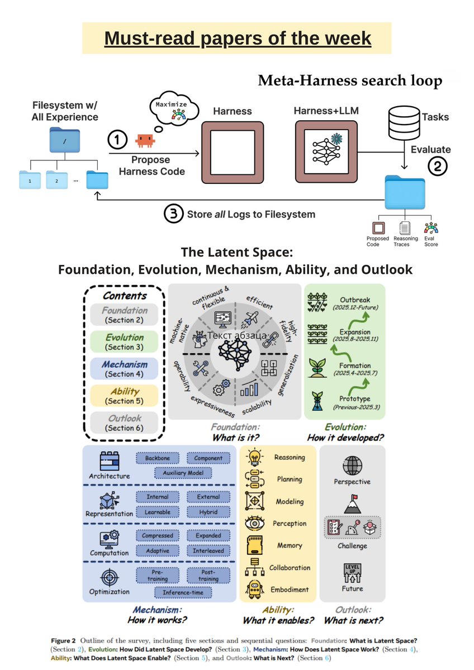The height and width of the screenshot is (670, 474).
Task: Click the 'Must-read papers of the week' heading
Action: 238,38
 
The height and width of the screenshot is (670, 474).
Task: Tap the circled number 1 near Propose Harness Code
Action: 117,140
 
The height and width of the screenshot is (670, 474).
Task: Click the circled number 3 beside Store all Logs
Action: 172,213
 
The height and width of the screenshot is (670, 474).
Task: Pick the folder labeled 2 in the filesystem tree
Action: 56,180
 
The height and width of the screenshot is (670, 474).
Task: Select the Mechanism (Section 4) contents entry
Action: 125,369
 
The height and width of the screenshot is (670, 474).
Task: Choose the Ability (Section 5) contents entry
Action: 125,396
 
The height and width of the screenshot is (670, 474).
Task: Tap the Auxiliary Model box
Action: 183,473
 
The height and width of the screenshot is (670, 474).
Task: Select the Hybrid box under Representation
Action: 208,512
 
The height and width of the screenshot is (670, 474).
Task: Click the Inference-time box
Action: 183,591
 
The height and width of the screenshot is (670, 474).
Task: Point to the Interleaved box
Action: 208,550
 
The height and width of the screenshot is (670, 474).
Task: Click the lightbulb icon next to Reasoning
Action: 254,457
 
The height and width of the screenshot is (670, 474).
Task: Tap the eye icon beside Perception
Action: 254,524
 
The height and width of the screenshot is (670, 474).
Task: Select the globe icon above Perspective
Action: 352,465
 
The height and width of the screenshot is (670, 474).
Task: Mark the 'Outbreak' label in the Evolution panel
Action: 355,300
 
